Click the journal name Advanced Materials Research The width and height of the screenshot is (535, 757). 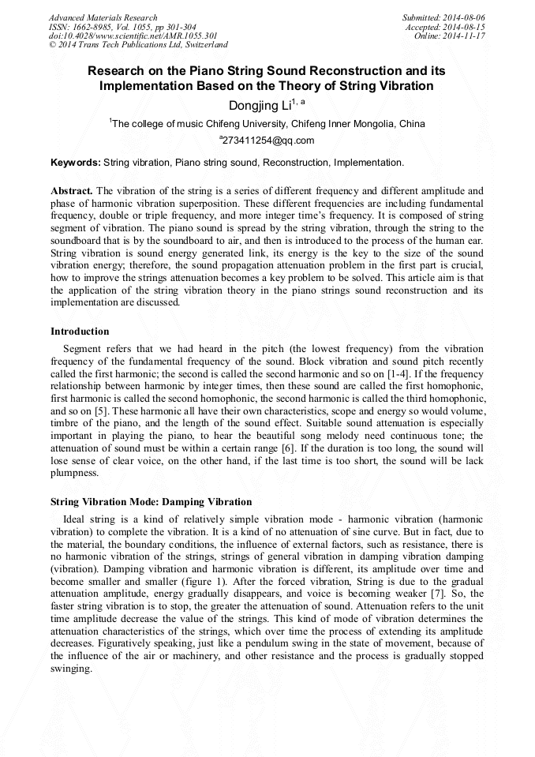(103, 17)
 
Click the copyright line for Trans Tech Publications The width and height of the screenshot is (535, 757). (138, 45)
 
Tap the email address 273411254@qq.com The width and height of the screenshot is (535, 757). (267, 141)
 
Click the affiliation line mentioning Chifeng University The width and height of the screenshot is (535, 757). (267, 124)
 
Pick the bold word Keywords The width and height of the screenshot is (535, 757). (76, 163)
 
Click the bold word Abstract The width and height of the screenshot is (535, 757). (72, 191)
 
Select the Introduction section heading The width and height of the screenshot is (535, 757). (80, 332)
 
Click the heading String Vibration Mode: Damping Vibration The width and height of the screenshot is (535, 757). (151, 501)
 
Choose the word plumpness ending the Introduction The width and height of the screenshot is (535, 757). (74, 473)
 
